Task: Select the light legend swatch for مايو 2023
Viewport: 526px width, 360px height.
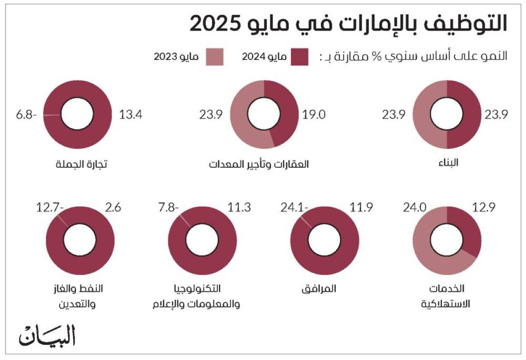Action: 214,57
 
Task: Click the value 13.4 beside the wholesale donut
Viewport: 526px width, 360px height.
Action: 131,115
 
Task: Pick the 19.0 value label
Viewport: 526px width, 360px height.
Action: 314,115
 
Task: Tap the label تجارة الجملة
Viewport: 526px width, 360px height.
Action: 82,165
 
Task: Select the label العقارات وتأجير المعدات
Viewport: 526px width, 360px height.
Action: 259,165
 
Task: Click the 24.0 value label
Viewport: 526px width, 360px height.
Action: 415,208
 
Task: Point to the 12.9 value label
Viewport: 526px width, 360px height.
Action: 484,208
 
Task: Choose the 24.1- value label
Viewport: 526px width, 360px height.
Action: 295,208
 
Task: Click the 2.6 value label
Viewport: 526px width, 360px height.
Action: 114,208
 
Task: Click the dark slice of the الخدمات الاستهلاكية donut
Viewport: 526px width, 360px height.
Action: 465,228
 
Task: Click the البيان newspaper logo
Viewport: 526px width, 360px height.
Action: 47,335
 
